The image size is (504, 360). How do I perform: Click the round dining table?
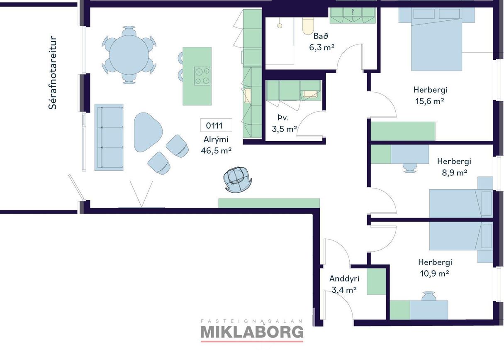coord(129,55)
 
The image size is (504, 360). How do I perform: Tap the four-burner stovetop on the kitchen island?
coord(202,76)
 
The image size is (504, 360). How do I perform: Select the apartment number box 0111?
coord(216,125)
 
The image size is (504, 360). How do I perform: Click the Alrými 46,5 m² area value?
coord(216,150)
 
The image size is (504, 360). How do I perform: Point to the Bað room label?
coord(321,36)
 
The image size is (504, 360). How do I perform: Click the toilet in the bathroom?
coord(307,26)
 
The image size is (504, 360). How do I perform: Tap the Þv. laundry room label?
coord(283,118)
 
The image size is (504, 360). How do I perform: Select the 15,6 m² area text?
coord(429,101)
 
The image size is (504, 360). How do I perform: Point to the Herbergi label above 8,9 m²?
coord(454,161)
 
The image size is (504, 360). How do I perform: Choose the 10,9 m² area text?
coord(434,273)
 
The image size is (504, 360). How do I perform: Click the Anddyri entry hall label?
coord(344,279)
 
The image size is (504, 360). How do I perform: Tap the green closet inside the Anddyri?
coord(376,282)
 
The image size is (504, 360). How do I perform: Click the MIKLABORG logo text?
coord(252,332)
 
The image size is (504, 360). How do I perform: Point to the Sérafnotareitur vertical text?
coord(52,72)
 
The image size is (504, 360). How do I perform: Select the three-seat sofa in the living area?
coord(109,137)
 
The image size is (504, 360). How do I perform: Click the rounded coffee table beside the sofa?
coord(148,132)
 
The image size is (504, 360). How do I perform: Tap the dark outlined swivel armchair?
coord(237,179)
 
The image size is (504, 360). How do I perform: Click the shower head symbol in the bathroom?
coord(280,25)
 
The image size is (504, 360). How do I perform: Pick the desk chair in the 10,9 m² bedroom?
coord(429,296)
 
